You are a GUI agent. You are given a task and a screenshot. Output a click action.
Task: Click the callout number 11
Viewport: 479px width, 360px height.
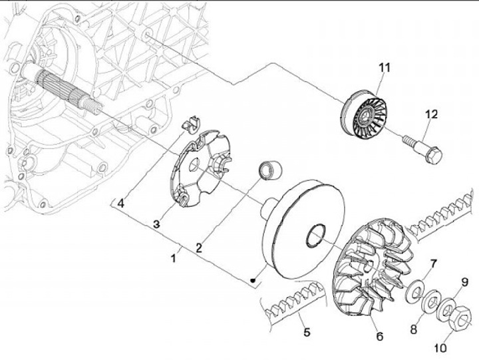point(384,67)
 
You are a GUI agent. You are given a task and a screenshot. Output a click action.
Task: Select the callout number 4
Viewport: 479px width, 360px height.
point(121,204)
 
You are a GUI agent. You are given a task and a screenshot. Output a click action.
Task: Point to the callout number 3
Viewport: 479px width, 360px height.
point(156,224)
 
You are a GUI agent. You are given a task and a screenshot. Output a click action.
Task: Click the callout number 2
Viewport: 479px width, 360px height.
point(198,247)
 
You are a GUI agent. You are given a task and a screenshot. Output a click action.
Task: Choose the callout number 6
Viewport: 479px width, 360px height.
point(380,336)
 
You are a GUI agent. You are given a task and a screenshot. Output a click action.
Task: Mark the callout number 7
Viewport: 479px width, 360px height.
point(432,264)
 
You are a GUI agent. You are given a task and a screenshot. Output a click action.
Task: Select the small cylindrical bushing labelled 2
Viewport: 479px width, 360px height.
point(269,168)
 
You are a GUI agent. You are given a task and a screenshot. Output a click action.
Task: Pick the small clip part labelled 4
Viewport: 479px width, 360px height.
point(192,123)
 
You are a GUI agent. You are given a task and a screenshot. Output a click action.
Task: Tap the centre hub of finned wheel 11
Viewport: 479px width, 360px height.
point(363,118)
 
